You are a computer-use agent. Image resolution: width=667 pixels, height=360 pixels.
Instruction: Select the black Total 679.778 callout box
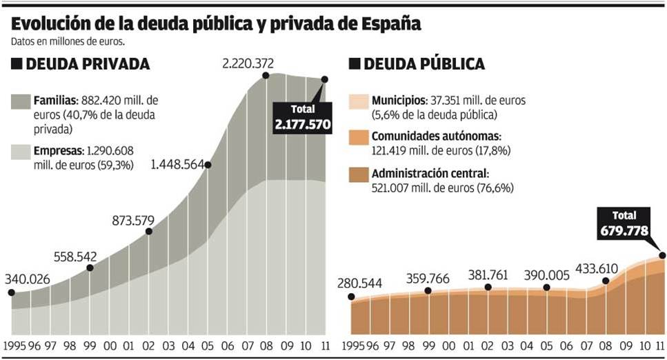624,222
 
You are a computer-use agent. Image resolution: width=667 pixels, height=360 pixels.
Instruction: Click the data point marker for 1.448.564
208,165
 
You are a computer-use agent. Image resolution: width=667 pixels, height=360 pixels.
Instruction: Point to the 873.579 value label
143,221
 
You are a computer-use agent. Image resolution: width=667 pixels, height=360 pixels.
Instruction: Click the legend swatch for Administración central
359,174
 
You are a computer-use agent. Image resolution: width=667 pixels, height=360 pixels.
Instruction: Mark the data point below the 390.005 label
546,288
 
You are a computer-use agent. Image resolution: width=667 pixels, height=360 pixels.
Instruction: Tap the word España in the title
390,23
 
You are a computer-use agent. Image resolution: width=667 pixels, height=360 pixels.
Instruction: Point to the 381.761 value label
489,273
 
